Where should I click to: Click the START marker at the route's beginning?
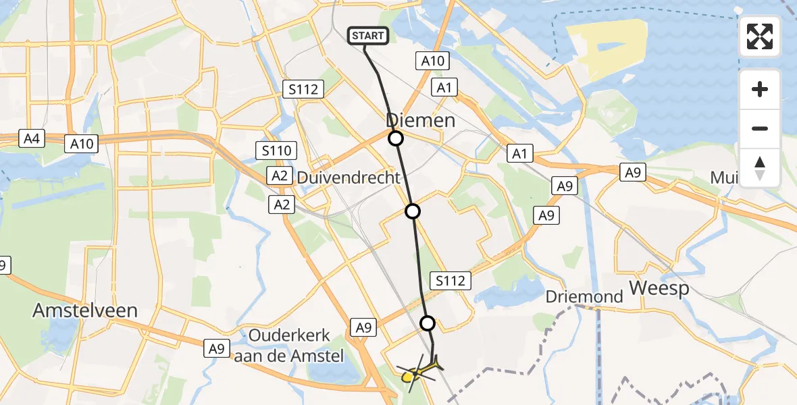pyautogui.click(x=368, y=36)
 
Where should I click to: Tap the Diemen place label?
pyautogui.click(x=421, y=121)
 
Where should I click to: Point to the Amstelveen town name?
pyautogui.click(x=86, y=310)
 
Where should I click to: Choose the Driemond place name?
pyautogui.click(x=574, y=297)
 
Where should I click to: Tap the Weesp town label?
pyautogui.click(x=659, y=288)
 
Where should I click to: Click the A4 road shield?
pyautogui.click(x=31, y=139)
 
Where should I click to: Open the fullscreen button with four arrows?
pyautogui.click(x=760, y=36)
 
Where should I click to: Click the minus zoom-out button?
pyautogui.click(x=760, y=128)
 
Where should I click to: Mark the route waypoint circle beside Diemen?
pyautogui.click(x=395, y=138)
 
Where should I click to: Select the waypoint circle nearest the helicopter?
pyautogui.click(x=428, y=323)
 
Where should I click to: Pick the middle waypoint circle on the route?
pyautogui.click(x=413, y=211)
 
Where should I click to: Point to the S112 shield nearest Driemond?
pyautogui.click(x=451, y=280)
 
